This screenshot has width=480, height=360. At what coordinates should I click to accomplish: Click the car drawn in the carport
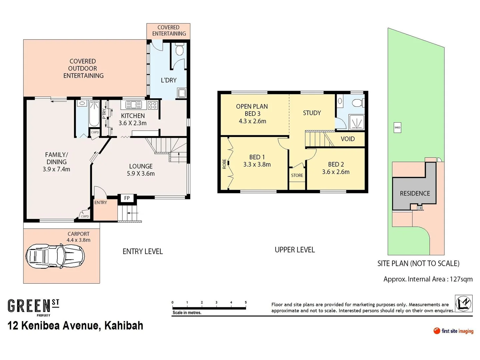pos(55,256)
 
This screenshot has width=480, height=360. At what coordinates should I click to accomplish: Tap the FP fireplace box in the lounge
pos(127,198)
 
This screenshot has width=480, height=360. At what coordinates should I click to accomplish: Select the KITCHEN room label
pos(133,116)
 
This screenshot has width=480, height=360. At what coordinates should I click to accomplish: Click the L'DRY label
pos(169,80)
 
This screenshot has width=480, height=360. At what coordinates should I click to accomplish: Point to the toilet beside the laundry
pos(179,50)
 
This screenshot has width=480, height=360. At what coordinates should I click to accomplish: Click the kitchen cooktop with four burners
pos(153,105)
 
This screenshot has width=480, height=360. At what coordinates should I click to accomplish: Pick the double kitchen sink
pos(133,105)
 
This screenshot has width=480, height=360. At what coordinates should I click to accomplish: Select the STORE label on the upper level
pos(297,175)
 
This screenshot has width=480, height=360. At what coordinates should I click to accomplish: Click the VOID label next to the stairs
pos(348,139)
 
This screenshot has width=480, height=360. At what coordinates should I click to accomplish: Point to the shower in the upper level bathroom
pos(356,122)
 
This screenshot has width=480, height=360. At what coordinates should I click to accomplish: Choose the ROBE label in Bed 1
pos(224,164)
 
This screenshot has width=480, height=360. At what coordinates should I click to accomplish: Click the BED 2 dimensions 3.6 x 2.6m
pos(336,172)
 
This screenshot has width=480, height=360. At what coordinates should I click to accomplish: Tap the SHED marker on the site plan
pos(397,127)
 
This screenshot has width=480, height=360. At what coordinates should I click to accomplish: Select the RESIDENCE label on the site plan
pos(415,193)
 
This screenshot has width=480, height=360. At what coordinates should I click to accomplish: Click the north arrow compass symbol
pos(464,303)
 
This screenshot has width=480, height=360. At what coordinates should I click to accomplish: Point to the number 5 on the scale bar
pos(246,302)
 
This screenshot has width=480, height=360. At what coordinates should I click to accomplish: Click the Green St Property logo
pos(33,307)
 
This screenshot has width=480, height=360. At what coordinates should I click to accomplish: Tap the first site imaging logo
pos(453,331)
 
